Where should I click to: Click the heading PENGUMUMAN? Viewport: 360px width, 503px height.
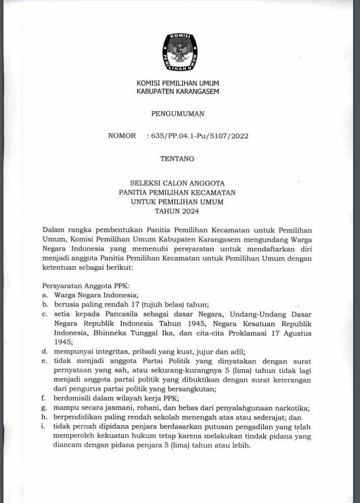177,114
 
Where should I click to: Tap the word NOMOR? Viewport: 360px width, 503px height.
122,136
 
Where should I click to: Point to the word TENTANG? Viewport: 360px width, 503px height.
177,158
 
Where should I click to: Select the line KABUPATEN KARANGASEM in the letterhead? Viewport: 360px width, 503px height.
177,92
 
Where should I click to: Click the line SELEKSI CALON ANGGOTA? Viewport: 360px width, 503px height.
177,181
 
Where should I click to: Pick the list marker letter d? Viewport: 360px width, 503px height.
45,351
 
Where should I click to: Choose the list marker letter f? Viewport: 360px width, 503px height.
44,398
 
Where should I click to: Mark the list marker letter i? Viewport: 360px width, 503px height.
44,426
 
